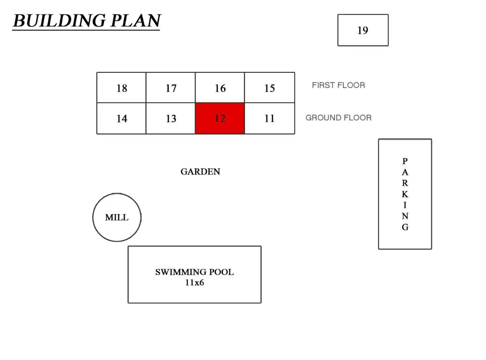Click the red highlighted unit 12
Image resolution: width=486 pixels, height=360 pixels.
pyautogui.click(x=220, y=118)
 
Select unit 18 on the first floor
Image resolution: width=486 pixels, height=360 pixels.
pyautogui.click(x=121, y=88)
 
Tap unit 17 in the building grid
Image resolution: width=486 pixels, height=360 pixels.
pyautogui.click(x=171, y=88)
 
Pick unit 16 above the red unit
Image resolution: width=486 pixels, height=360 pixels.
pyautogui.click(x=220, y=88)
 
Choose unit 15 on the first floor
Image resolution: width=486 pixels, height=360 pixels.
pyautogui.click(x=269, y=88)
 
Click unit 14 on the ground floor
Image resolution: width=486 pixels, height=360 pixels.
pyautogui.click(x=121, y=118)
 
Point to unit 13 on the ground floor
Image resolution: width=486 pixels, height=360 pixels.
pyautogui.click(x=171, y=118)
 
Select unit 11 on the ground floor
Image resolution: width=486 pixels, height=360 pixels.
pyautogui.click(x=269, y=118)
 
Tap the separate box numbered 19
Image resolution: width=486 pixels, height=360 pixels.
pyautogui.click(x=363, y=30)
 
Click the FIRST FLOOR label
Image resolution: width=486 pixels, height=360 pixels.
pyautogui.click(x=338, y=85)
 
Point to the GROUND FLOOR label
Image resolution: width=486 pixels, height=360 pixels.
pyautogui.click(x=338, y=118)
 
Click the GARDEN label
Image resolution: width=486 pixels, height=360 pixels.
pyautogui.click(x=200, y=172)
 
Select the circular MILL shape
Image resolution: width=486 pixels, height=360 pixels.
pyautogui.click(x=117, y=217)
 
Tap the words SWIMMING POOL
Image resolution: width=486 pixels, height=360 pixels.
pyautogui.click(x=194, y=272)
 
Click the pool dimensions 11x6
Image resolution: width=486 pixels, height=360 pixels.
pyautogui.click(x=194, y=283)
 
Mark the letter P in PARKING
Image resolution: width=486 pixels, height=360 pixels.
pyautogui.click(x=405, y=161)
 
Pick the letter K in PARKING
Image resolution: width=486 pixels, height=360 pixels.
pyautogui.click(x=405, y=194)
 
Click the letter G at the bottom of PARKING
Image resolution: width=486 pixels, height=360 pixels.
pyautogui.click(x=405, y=227)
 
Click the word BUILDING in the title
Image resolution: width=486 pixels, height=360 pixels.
pyautogui.click(x=59, y=20)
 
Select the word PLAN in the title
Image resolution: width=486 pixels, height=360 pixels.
pyautogui.click(x=136, y=20)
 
